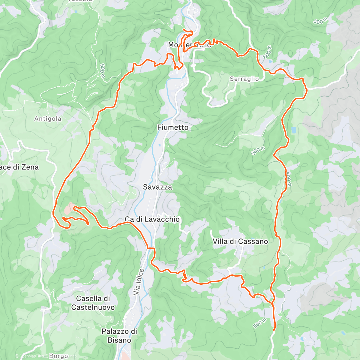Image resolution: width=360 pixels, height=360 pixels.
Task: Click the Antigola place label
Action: tap(48, 119)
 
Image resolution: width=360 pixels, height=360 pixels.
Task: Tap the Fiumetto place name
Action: tap(173, 127)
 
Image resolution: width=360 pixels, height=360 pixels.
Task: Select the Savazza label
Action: tap(157, 187)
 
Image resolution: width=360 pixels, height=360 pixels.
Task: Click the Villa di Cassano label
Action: tap(240, 241)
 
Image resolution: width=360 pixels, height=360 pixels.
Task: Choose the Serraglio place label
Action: tap(244, 79)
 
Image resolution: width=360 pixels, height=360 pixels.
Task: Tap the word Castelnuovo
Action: tap(93, 307)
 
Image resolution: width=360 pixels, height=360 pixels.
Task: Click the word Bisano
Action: tap(119, 340)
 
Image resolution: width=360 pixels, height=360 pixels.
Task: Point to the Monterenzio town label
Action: tap(190, 45)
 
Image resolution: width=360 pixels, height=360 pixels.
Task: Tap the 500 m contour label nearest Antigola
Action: tap(102, 71)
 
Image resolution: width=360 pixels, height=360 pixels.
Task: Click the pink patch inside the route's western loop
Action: tap(70, 208)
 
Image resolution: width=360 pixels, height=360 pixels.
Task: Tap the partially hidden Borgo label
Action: tap(58, 356)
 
